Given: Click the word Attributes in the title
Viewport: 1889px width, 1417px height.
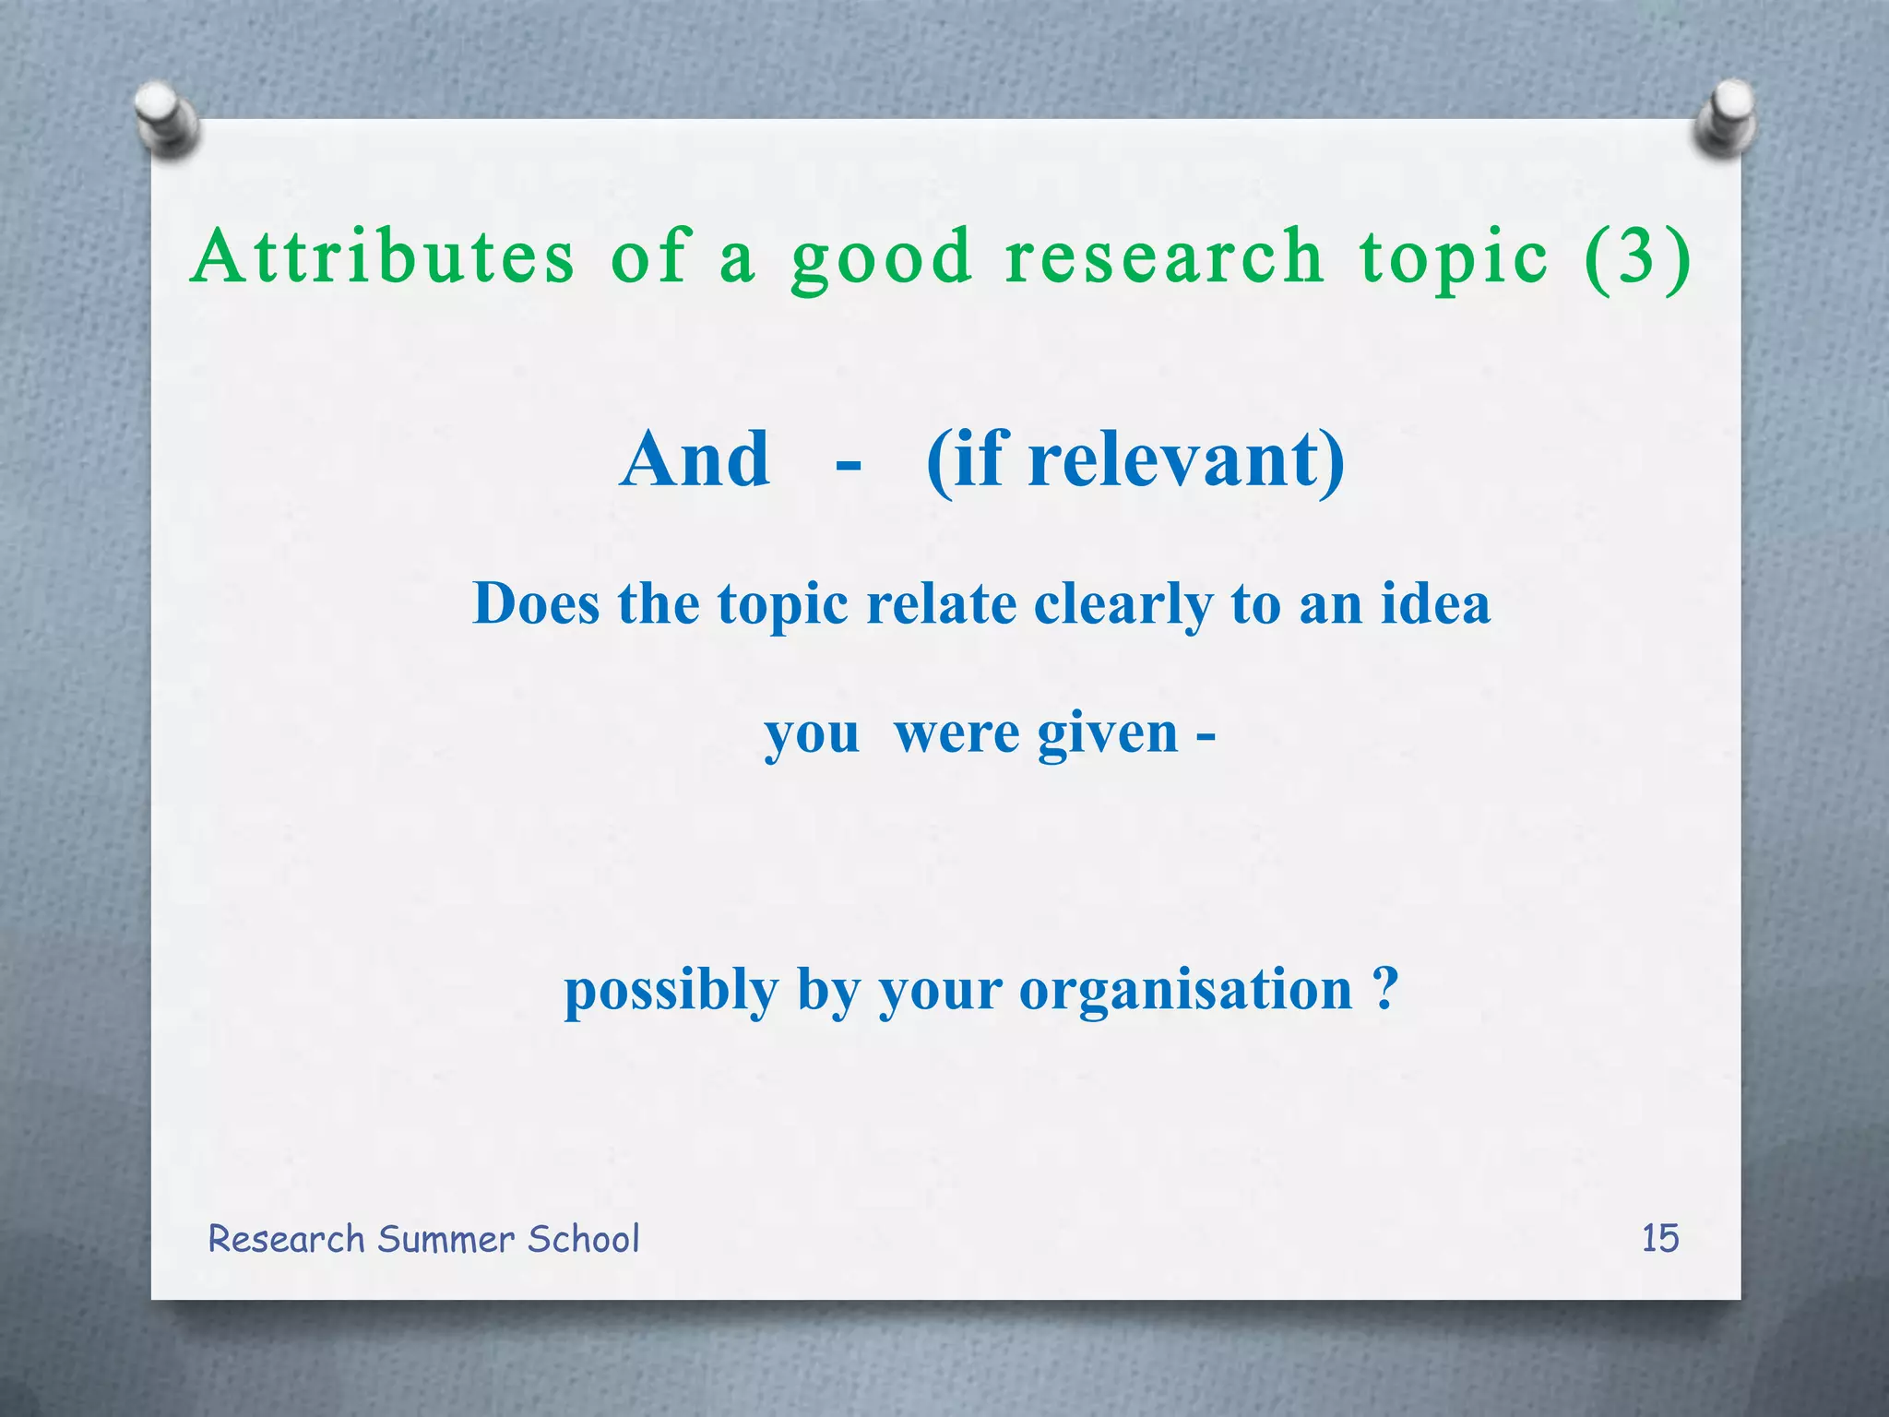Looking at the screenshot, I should pyautogui.click(x=383, y=256).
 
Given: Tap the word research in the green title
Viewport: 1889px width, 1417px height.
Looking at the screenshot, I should pyautogui.click(x=1165, y=256).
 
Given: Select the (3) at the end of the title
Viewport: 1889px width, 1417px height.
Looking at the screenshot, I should pyautogui.click(x=1638, y=258).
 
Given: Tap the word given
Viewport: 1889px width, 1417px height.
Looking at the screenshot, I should pyautogui.click(x=1108, y=735).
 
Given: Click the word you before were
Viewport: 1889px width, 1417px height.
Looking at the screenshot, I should pyautogui.click(x=811, y=735).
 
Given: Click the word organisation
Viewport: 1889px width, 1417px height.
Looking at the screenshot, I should pyautogui.click(x=1185, y=992).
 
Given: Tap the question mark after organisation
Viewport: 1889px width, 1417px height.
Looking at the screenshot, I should pyautogui.click(x=1384, y=989).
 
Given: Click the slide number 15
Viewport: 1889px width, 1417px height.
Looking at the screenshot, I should pyautogui.click(x=1659, y=1238).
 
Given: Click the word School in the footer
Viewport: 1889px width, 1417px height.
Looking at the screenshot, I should pyautogui.click(x=583, y=1239).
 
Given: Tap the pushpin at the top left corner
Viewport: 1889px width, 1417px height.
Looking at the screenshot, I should pyautogui.click(x=166, y=118).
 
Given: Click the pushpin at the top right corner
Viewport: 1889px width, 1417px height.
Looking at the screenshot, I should pyautogui.click(x=1726, y=118).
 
